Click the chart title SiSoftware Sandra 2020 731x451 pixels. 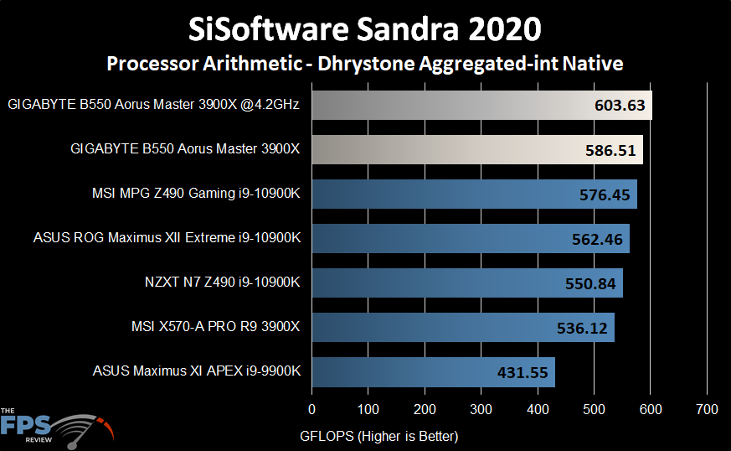point(364,29)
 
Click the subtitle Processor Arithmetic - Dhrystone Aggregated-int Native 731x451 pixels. point(364,63)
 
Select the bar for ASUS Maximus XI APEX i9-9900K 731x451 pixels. point(433,371)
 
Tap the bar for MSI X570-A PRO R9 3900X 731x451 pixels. point(463,327)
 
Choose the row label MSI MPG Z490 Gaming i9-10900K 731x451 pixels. point(196,194)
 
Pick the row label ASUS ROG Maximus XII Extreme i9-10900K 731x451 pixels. point(167,238)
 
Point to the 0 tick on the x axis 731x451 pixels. point(312,410)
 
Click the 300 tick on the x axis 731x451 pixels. point(481,410)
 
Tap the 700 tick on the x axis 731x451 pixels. point(707,410)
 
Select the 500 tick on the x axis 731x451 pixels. point(595,410)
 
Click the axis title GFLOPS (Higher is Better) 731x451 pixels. point(378,436)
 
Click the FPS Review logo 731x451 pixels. point(54,426)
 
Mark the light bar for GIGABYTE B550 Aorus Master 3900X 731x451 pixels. point(477,151)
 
